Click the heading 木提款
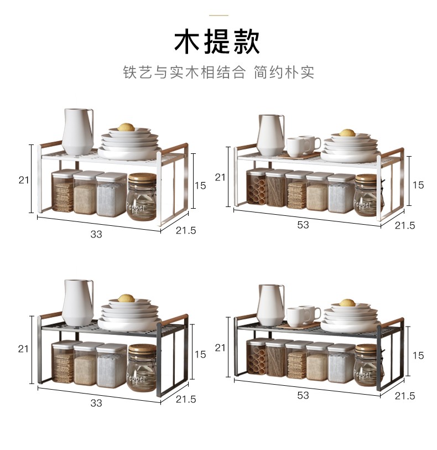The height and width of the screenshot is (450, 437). [x=217, y=42]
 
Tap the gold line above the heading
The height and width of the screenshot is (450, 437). [x=218, y=15]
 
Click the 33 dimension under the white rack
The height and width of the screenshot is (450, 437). [x=96, y=234]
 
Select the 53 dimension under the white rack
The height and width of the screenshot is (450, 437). [x=303, y=225]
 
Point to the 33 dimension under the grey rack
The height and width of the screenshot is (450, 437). [x=96, y=403]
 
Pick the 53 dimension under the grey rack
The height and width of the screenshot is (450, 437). [x=303, y=395]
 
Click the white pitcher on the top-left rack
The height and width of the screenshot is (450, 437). [x=78, y=131]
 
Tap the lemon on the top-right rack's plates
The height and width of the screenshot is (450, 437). [x=347, y=133]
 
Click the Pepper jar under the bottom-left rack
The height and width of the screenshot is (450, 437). [x=142, y=368]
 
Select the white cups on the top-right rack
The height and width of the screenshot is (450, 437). [x=303, y=146]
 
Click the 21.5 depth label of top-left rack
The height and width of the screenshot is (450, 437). [x=186, y=230]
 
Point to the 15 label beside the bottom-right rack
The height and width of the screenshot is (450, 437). [x=418, y=355]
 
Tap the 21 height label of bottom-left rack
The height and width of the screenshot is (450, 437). [x=23, y=349]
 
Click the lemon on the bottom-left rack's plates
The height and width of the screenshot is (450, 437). [x=126, y=298]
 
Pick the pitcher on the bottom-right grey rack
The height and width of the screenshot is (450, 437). [x=270, y=305]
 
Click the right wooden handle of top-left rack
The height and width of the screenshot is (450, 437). [x=175, y=149]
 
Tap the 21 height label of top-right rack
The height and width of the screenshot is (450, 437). [x=220, y=177]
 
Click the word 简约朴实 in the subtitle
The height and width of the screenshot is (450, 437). [x=284, y=72]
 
